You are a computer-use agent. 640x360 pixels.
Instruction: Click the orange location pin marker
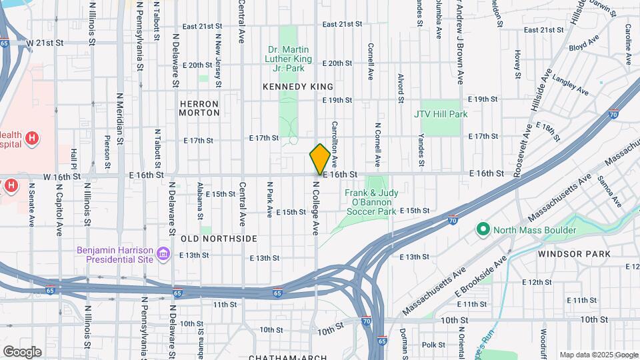coord(320,159)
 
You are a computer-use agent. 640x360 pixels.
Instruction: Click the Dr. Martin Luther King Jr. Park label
coord(295,59)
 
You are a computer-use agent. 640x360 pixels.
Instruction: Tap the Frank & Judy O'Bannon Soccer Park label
coord(371,202)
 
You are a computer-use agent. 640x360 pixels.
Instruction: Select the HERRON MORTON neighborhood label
coord(199,108)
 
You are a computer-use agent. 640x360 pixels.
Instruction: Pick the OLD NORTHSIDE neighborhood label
coord(209,238)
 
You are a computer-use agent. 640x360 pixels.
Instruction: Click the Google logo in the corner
coord(22,351)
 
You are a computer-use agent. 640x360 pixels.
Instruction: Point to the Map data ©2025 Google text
coord(597,355)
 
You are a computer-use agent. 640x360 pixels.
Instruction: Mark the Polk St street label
coord(433,345)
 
